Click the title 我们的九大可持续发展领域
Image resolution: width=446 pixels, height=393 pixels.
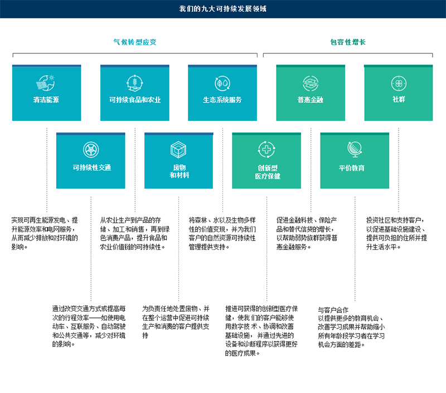tap(223, 9)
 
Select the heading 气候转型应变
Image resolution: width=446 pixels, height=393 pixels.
tap(135, 42)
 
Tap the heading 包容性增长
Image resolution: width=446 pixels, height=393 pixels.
tap(348, 42)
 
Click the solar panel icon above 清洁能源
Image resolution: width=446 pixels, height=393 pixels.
tap(46, 83)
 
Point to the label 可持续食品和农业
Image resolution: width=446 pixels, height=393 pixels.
tap(135, 100)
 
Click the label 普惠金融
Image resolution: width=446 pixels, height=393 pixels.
tap(311, 100)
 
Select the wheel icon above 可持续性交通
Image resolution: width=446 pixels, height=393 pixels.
tap(91, 150)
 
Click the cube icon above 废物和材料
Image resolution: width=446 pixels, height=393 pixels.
tap(178, 149)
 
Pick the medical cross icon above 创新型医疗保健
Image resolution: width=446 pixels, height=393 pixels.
tap(266, 149)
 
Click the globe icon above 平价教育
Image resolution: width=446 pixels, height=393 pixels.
tap(354, 149)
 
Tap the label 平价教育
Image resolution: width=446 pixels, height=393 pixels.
tap(354, 168)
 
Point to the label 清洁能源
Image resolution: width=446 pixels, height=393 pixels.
tap(46, 100)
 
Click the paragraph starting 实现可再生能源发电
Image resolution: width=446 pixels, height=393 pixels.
tap(45, 233)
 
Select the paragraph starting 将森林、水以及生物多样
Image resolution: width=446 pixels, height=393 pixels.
tap(222, 233)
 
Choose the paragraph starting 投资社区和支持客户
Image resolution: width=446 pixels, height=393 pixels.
tap(396, 233)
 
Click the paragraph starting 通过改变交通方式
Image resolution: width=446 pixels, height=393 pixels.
tap(89, 326)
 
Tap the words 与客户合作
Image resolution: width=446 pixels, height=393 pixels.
tap(333, 310)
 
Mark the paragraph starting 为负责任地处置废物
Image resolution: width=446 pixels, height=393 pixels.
tap(176, 322)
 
